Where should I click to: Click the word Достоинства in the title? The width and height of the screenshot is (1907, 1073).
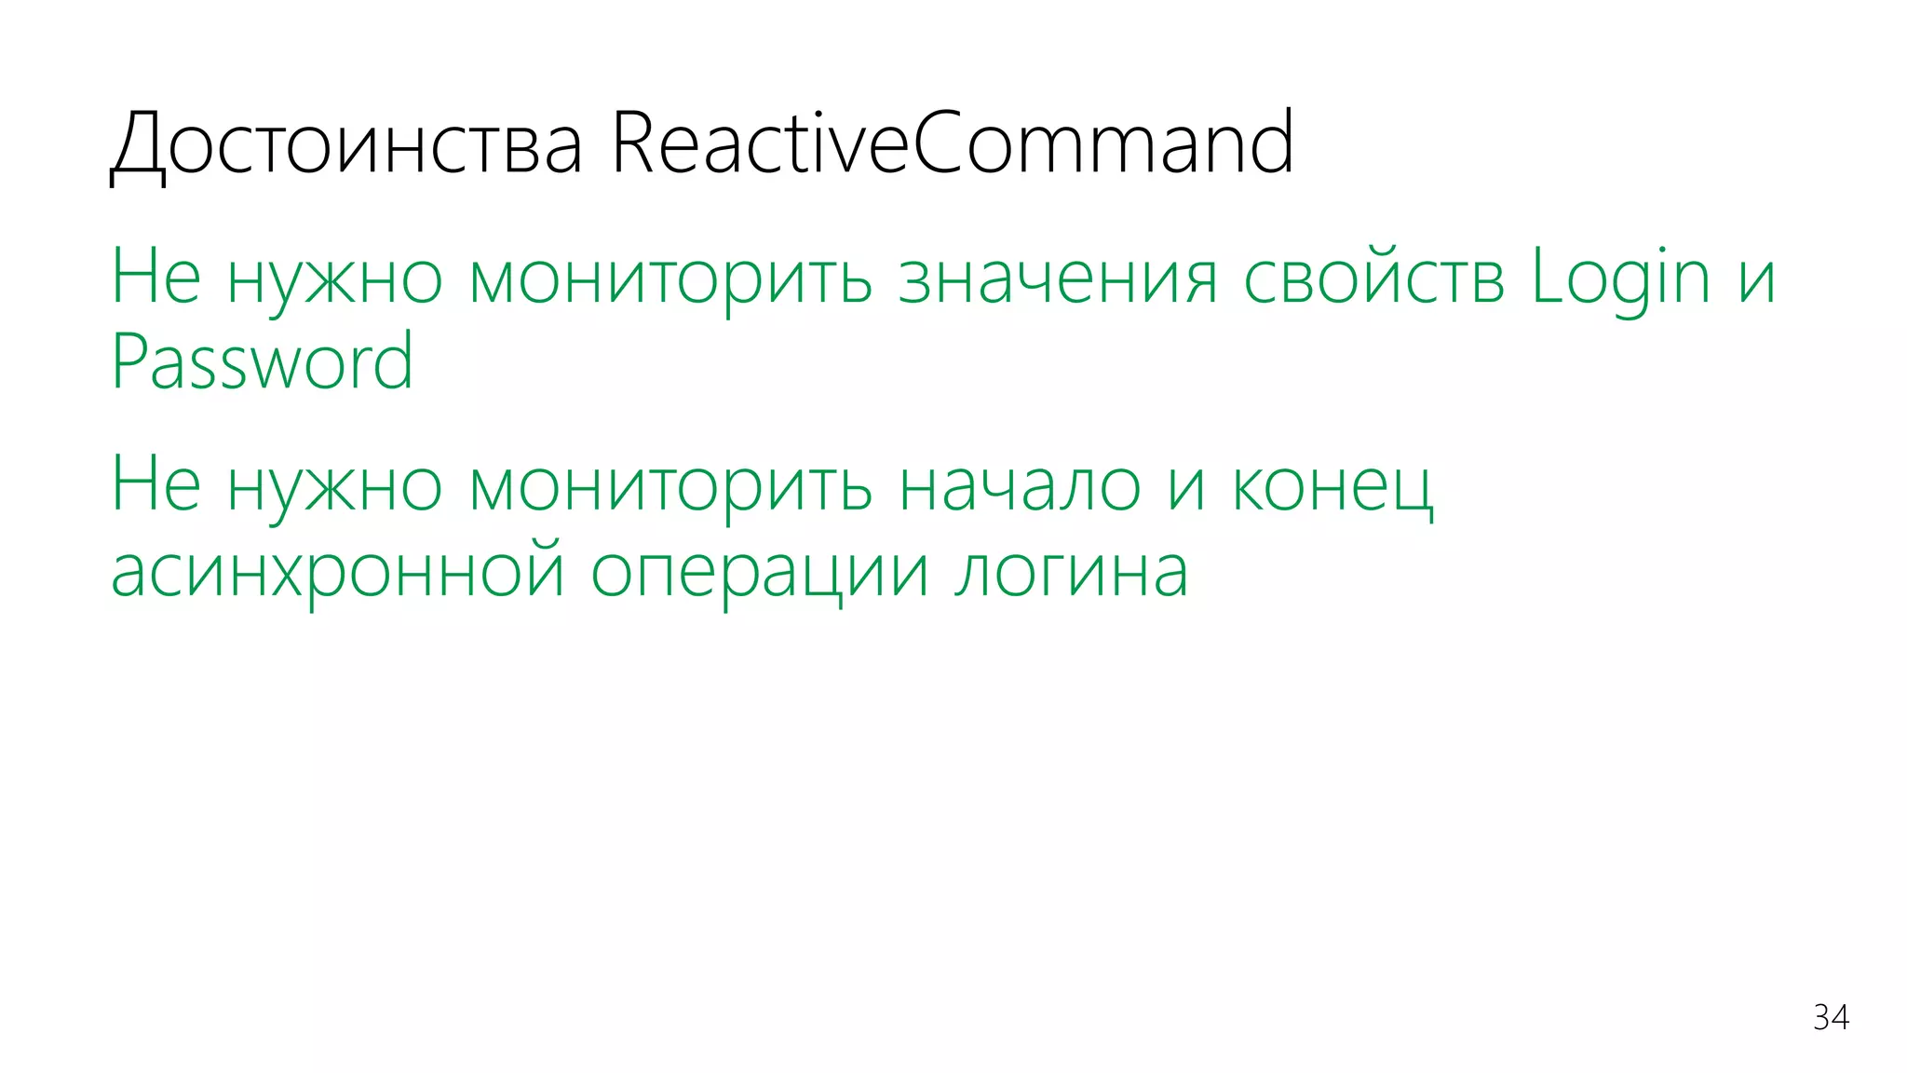coord(346,144)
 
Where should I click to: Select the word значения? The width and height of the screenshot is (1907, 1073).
coord(1057,278)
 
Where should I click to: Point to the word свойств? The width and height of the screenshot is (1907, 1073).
coord(1373,278)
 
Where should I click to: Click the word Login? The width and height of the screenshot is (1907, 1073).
coord(1620,278)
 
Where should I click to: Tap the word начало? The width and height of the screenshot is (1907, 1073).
coord(1020,486)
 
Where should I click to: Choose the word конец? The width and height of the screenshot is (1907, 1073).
coord(1332,486)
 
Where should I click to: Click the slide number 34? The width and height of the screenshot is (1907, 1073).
coord(1831,1017)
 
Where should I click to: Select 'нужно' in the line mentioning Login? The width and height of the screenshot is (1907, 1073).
coord(334,278)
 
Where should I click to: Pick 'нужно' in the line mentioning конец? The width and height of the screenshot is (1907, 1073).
coord(334,486)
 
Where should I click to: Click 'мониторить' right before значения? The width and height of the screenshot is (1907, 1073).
coord(670,278)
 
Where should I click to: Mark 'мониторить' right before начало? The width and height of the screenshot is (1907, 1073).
coord(670,486)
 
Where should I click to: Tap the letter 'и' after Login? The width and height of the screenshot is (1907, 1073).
coord(1756,278)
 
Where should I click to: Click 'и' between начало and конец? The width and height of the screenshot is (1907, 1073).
coord(1186,486)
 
